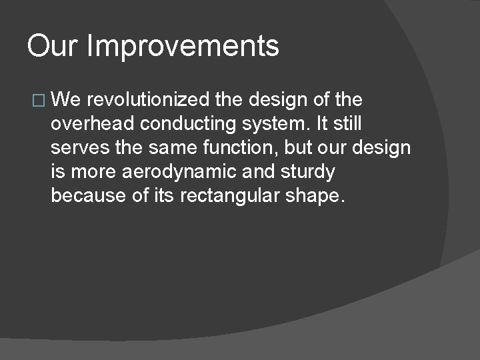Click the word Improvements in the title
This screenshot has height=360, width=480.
coord(183,47)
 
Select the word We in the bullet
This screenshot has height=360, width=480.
coord(65,100)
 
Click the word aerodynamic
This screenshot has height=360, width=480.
coord(177,173)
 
